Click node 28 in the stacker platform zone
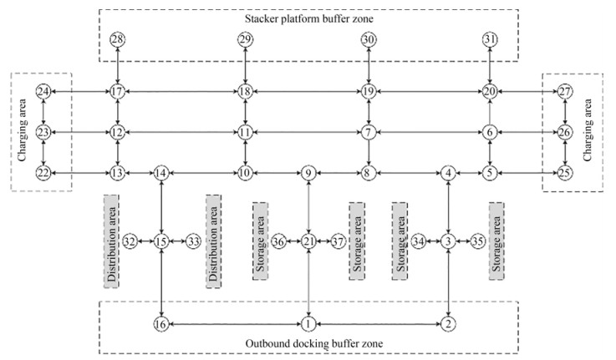118,40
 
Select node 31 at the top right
491,40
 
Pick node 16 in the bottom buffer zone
161,323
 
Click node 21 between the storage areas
309,241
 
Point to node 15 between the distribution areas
161,241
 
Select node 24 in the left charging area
43,91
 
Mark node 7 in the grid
368,132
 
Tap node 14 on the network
161,173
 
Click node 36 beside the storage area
279,241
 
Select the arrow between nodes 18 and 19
306,91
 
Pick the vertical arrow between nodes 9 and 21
309,206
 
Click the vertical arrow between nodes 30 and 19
368,65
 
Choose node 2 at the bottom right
450,323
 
